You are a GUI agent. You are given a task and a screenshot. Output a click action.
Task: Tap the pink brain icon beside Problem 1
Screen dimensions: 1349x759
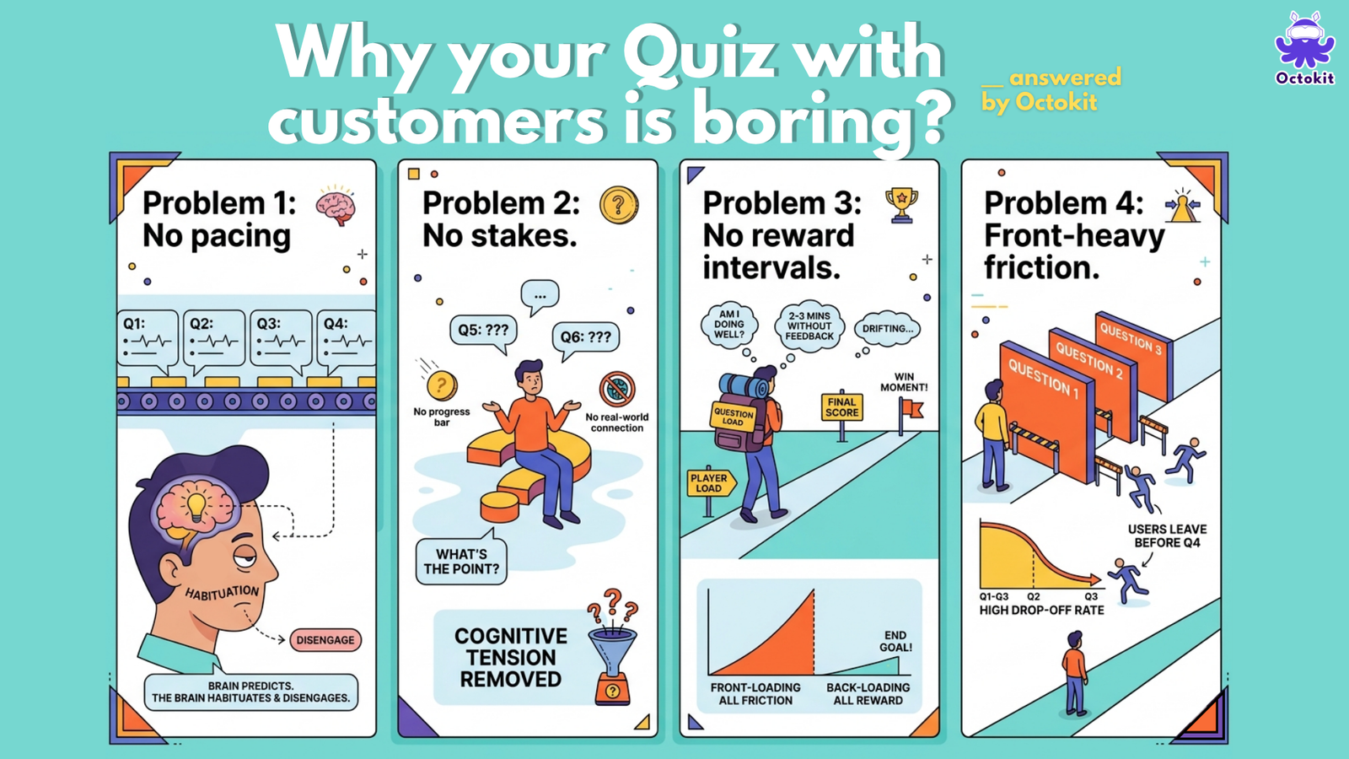tap(336, 205)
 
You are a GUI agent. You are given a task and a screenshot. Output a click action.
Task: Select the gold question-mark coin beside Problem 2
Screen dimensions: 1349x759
tap(619, 205)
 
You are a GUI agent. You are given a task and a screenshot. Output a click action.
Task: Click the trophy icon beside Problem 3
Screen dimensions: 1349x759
tap(901, 206)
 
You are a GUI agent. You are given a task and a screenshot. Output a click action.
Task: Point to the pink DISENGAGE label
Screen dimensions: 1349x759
tap(325, 640)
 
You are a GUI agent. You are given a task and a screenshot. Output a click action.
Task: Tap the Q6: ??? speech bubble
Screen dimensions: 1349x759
tap(585, 338)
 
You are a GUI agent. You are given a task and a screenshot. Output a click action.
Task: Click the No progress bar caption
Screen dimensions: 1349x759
tap(442, 417)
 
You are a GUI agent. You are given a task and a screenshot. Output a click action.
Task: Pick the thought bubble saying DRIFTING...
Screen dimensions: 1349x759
tap(887, 329)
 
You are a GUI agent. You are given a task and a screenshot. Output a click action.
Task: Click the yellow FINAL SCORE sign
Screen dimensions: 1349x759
tap(842, 407)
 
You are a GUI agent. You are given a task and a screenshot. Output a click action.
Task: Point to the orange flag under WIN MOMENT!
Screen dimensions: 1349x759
tap(911, 410)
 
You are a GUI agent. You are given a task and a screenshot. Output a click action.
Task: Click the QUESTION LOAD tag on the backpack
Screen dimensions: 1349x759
tap(733, 415)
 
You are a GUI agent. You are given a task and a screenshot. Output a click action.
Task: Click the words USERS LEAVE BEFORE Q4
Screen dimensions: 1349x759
tap(1167, 536)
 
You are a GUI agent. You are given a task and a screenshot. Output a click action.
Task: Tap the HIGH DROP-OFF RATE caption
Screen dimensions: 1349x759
tap(1041, 611)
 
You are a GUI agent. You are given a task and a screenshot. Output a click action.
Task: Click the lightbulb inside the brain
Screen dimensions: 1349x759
tap(196, 506)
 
